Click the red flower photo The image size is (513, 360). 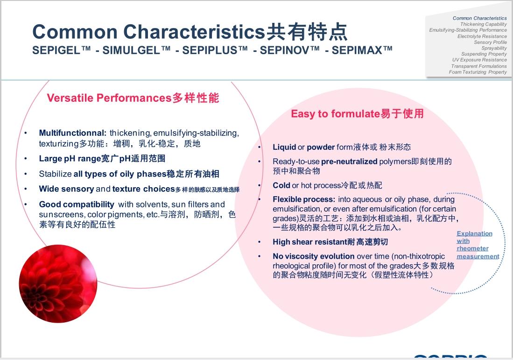coord(58,283)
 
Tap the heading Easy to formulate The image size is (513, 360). coord(335,114)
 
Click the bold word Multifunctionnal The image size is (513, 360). coord(73,133)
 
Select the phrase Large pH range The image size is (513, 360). coord(70,159)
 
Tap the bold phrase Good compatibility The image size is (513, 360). coord(77,205)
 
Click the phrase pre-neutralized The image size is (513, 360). coord(349,162)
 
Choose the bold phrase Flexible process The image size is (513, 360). coord(304,199)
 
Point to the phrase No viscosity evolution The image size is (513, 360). coord(313,256)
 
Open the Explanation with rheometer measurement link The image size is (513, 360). coord(475,245)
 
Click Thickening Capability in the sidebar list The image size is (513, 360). coord(483,24)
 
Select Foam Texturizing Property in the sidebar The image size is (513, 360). coord(478,72)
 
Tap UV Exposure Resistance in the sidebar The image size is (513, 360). coord(479,60)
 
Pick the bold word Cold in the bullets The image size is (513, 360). coord(281,185)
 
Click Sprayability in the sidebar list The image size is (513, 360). coord(494,48)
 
